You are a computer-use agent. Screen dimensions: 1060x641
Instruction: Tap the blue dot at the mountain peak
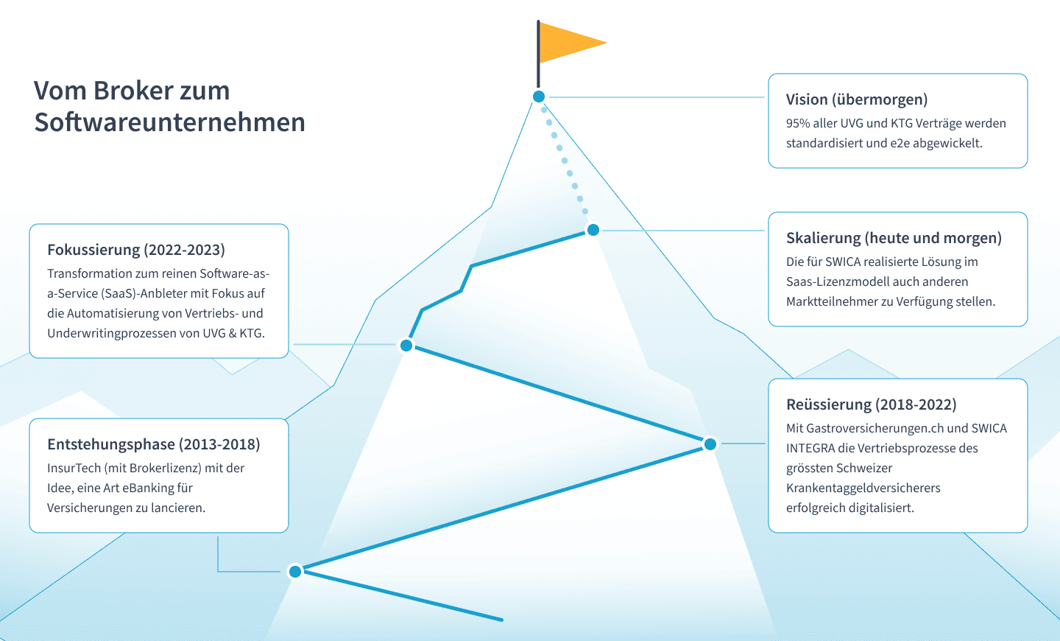point(539,97)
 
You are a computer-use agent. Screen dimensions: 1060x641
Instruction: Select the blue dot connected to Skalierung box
point(593,231)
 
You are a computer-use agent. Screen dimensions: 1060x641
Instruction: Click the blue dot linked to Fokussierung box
point(406,346)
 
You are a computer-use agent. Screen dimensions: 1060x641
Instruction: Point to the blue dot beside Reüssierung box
point(710,444)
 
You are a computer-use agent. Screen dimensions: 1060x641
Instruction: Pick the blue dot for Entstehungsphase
point(295,571)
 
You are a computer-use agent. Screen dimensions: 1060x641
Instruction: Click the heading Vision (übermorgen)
point(857,99)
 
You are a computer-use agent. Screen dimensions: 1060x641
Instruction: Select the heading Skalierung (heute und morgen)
point(894,238)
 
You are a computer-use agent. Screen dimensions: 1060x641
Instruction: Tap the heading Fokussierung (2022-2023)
point(136,250)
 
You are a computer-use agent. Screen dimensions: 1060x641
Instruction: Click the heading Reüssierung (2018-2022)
point(872,404)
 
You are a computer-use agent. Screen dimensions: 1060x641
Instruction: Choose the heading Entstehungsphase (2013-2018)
point(154,444)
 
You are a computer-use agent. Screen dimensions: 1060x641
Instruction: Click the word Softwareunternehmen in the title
point(170,122)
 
